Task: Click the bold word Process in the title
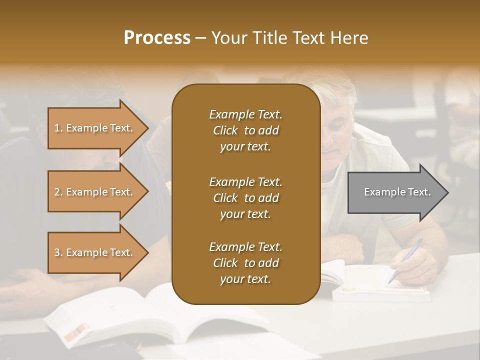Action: coord(157,38)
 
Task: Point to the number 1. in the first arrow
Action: coord(58,128)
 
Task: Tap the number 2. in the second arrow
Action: coord(58,192)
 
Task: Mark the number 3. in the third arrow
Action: coord(58,252)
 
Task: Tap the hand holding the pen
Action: coord(412,265)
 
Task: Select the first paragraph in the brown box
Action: coord(245,130)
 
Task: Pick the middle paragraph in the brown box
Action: coord(245,197)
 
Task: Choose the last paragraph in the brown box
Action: coord(245,263)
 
